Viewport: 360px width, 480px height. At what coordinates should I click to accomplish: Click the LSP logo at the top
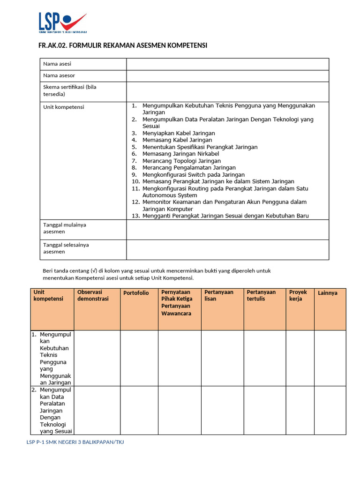(x=62, y=22)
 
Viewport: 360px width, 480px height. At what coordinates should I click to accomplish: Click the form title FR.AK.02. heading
(x=122, y=45)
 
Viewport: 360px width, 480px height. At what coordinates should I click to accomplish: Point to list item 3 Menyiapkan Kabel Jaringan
(x=179, y=133)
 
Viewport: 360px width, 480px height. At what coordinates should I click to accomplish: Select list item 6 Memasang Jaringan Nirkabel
(x=180, y=154)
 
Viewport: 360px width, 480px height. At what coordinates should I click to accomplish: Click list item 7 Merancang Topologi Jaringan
(x=181, y=161)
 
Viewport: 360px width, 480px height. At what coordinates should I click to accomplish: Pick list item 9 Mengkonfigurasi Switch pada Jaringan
(x=194, y=174)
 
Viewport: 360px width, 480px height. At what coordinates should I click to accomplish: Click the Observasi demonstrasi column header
(x=93, y=295)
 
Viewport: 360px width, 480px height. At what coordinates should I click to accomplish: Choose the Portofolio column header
(x=136, y=293)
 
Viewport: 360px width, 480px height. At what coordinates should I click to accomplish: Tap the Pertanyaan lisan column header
(x=219, y=295)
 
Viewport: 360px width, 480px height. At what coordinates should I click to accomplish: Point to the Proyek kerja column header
(x=298, y=295)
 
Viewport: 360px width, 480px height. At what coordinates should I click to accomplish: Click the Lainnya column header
(x=328, y=293)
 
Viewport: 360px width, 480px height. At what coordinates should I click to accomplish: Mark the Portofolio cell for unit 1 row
(x=139, y=358)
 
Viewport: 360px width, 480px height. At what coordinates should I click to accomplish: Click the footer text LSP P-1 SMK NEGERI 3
(x=75, y=442)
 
